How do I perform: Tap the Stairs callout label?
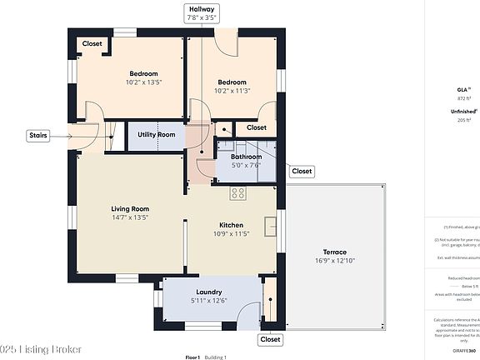coord(38,134)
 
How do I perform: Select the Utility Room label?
coord(157,135)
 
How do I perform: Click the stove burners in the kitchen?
coord(237,193)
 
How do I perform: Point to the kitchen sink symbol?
coord(270,225)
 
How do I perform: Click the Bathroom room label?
coord(246,156)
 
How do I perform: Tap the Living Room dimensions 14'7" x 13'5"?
coord(129,217)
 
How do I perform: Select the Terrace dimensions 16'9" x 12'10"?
coord(334,261)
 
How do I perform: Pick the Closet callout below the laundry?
coord(270,339)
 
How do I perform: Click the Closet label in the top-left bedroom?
coord(92,44)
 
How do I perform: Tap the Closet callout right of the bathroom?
coord(301,171)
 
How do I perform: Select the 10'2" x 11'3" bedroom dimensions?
coord(232,92)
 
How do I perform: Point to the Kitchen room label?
coord(231,225)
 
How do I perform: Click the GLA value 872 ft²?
coord(465,98)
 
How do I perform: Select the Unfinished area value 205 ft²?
coord(465,121)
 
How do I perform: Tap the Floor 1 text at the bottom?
coord(192,357)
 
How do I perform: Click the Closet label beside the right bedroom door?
coord(257,127)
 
